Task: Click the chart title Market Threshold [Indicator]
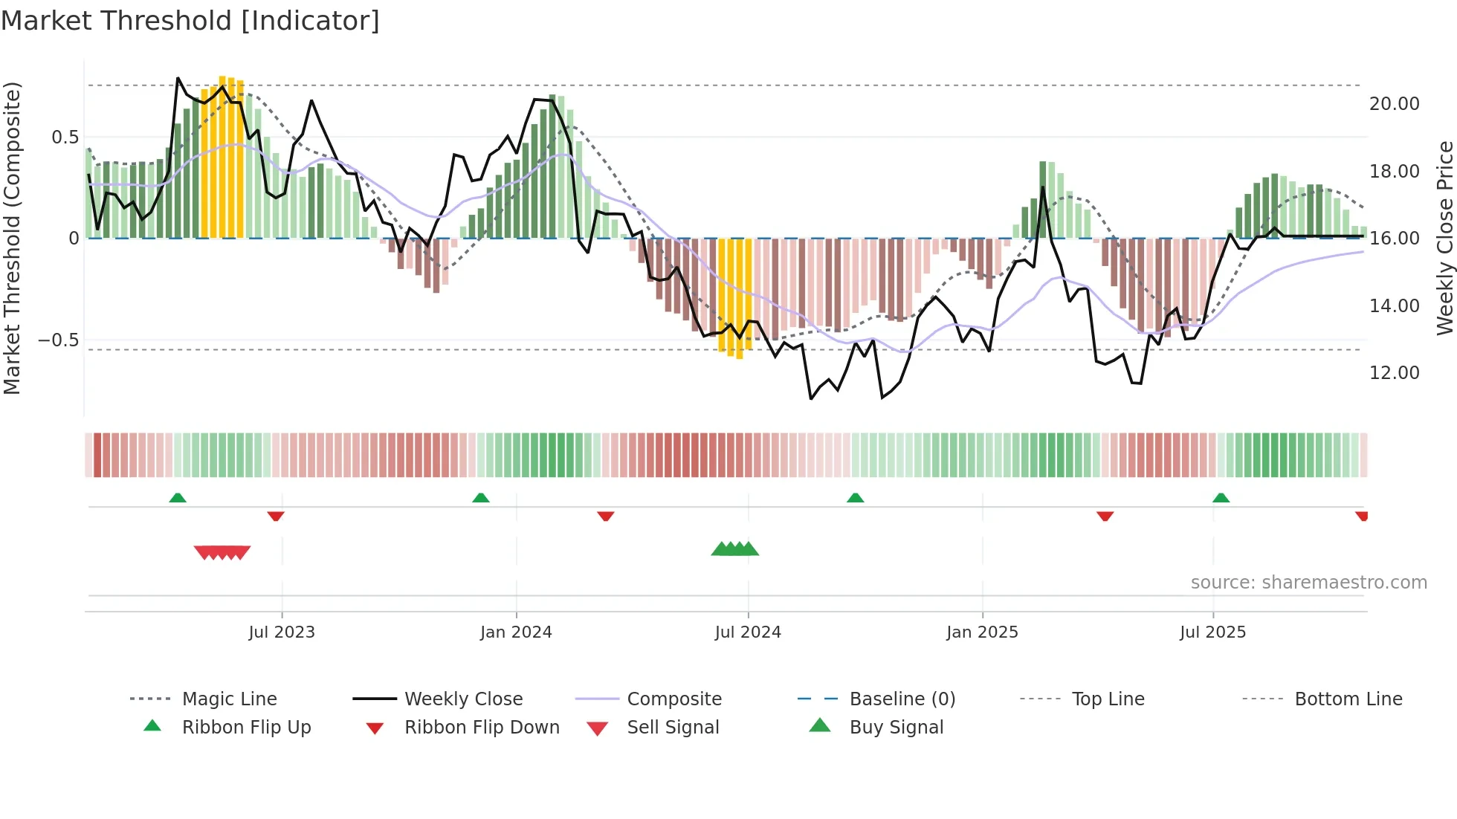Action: pos(190,21)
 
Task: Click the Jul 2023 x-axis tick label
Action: pos(282,632)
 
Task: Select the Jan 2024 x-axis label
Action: pos(516,632)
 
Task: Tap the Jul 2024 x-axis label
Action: pos(748,632)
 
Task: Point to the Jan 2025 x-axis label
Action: pos(982,632)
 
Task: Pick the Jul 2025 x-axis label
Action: pos(1212,632)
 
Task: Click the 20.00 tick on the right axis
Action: pos(1394,104)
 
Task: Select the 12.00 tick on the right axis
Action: pos(1394,373)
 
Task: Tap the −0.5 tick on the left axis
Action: pos(59,340)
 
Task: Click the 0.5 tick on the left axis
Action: pos(65,137)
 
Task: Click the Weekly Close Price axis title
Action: pos(1444,238)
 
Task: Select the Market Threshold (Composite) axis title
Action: pos(12,238)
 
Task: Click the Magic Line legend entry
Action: pos(229,699)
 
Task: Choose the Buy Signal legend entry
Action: pos(896,728)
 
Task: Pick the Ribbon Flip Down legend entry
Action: pos(482,728)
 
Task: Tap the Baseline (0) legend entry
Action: pos(902,699)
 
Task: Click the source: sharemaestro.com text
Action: pos(1308,583)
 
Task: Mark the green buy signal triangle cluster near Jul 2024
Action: pos(735,549)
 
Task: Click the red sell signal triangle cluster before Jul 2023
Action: pos(222,552)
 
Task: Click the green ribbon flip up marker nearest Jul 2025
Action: pos(1221,498)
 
